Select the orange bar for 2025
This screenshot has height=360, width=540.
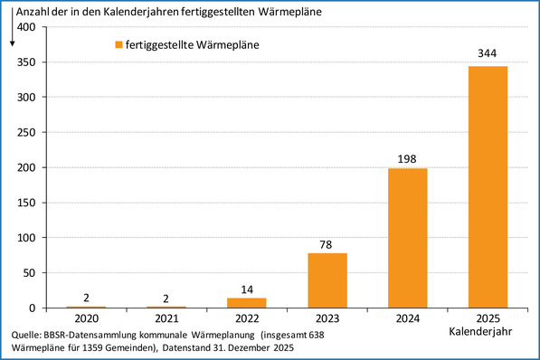pos(488,186)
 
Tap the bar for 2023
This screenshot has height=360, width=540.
pos(327,280)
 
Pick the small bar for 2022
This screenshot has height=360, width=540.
pos(247,303)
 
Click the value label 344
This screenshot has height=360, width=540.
pos(488,55)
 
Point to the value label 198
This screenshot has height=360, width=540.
pos(407,158)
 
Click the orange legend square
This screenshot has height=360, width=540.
pos(118,44)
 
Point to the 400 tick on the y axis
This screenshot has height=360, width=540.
pos(26,27)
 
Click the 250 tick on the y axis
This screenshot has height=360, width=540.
pos(26,133)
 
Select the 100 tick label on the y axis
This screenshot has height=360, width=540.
pos(26,238)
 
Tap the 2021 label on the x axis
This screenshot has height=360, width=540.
pos(167,319)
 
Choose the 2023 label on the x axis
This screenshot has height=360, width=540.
pos(327,319)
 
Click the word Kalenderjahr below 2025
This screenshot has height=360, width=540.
pos(488,332)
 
